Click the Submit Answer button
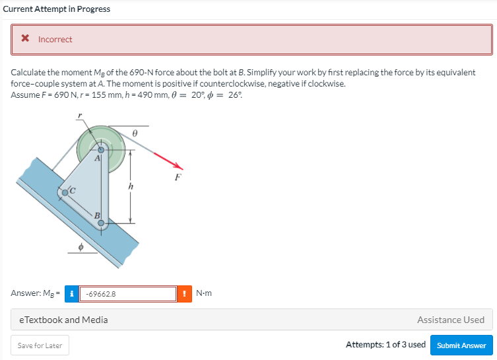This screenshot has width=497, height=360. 461,345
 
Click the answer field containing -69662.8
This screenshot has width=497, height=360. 128,293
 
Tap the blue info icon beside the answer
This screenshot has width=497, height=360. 71,293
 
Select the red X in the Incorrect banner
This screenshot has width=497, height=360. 25,39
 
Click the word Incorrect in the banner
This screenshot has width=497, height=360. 55,40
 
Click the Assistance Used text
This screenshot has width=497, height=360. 450,320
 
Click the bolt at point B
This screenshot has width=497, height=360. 101,223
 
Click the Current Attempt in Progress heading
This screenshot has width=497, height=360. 57,9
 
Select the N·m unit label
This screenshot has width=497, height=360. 204,293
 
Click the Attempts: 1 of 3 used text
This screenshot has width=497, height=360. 385,345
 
